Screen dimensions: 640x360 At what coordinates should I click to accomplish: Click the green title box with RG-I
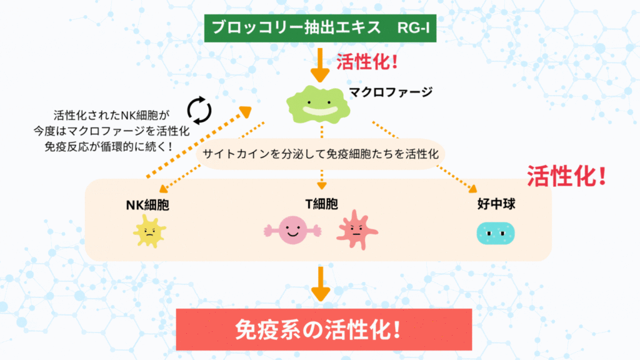point(320,28)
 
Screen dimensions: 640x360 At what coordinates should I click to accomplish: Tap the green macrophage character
point(318,105)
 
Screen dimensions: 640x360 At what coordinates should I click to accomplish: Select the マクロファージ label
point(391,92)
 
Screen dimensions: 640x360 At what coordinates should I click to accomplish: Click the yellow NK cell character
point(149,231)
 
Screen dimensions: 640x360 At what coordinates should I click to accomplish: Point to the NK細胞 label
point(147,205)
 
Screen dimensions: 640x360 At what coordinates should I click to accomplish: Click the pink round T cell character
point(292,230)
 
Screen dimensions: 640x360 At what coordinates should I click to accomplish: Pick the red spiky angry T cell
point(357,230)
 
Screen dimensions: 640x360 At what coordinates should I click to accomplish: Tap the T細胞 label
point(322,204)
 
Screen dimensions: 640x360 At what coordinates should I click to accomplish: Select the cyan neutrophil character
point(496,234)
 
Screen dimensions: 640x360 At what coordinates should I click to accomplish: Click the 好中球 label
point(496,204)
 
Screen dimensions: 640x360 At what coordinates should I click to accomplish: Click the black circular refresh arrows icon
point(199,110)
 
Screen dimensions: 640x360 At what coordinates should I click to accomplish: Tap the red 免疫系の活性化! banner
point(324,329)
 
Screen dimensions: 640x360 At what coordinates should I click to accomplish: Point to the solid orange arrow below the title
point(320,65)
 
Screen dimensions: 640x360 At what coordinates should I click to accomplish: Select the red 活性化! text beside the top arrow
point(367,62)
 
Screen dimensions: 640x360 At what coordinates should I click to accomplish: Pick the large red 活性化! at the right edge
point(566,176)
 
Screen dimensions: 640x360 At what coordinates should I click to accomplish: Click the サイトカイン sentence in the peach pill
point(321,154)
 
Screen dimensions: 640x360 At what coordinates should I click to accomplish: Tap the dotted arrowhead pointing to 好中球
point(473,189)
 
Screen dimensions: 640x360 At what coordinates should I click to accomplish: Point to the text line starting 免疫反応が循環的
point(108,146)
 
